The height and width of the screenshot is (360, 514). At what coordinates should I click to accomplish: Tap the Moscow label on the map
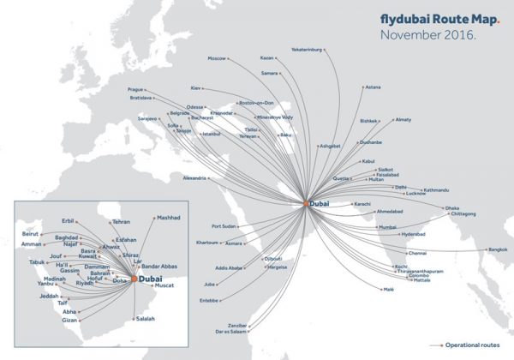click(x=218, y=58)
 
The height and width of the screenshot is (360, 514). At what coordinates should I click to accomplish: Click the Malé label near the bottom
click(x=389, y=290)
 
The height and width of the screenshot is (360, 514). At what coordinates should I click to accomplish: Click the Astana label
click(x=373, y=87)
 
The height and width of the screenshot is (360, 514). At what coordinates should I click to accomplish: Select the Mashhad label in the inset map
click(x=169, y=218)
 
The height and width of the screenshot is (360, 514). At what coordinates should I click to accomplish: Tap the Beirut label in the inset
click(x=31, y=233)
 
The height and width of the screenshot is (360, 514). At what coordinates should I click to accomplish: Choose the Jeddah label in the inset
click(x=50, y=297)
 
